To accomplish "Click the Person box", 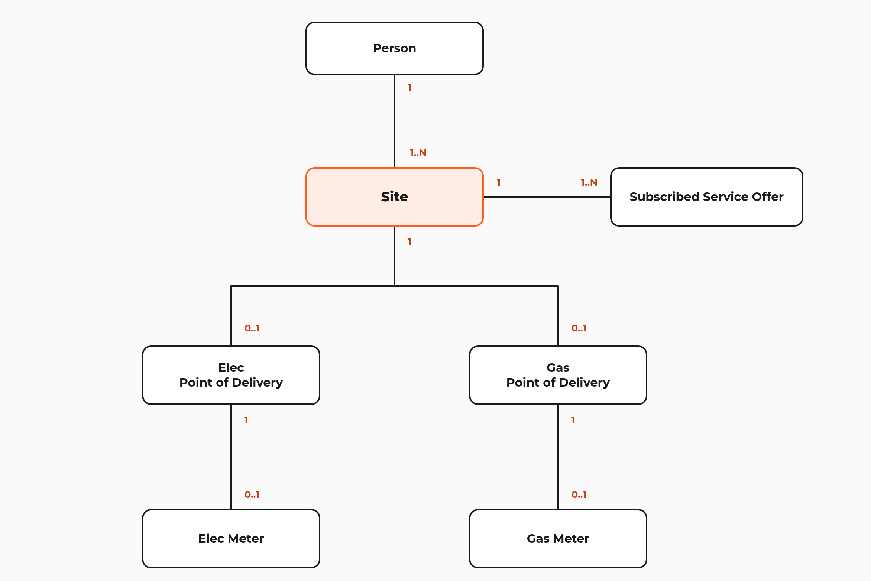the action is coord(395,48).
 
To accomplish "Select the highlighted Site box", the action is coord(395,197).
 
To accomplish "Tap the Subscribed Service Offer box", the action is coord(707,197).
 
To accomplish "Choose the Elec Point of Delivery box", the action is coord(231,375).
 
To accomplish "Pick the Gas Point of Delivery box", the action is coord(558,375).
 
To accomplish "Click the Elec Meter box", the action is coord(231,539).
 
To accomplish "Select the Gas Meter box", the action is coord(558,539).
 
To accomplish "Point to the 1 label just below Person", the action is coord(409,88).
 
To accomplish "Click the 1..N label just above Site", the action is coord(418,153).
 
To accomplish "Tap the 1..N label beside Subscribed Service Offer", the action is coord(589,183).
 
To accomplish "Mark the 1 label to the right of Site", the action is coord(499,183).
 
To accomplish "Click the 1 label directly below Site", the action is coord(409,242).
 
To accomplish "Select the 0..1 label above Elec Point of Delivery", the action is coord(252,328).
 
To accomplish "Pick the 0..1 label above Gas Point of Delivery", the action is coord(579,328).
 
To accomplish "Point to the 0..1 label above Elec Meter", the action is coord(252,495).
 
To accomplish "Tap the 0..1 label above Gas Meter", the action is coord(579,495).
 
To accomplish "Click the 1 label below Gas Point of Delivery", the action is coord(573,421).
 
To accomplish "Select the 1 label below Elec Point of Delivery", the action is coord(246,421).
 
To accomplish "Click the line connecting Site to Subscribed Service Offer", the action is coord(547,197).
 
